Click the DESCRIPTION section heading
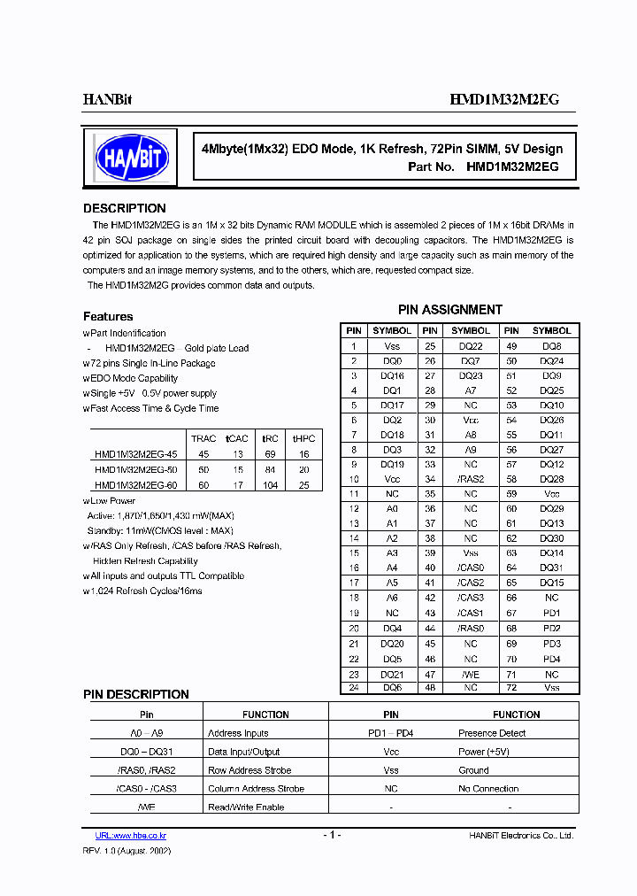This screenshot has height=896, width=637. [x=124, y=209]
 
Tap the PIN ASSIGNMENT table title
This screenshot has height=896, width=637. [x=449, y=310]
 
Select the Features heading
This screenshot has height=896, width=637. [x=108, y=317]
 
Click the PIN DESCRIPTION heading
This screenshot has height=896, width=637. [x=136, y=695]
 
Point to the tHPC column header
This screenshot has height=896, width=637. [x=303, y=438]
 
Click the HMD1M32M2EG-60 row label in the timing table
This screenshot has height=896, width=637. [x=135, y=485]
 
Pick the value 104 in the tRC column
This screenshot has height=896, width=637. [x=270, y=485]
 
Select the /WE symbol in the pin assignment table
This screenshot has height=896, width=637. [x=471, y=674]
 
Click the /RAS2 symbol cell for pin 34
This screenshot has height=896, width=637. [x=471, y=479]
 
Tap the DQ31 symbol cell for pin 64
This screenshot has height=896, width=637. [x=551, y=568]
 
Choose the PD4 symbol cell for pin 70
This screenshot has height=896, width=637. [x=551, y=660]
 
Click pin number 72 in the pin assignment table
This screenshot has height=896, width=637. [x=510, y=688]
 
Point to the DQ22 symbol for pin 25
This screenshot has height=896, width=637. [x=471, y=346]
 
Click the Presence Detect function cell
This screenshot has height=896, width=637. [x=491, y=733]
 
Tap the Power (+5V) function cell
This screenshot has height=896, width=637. [x=483, y=752]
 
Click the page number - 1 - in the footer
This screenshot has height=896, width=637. [x=331, y=835]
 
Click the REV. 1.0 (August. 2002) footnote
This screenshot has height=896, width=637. [x=127, y=850]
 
